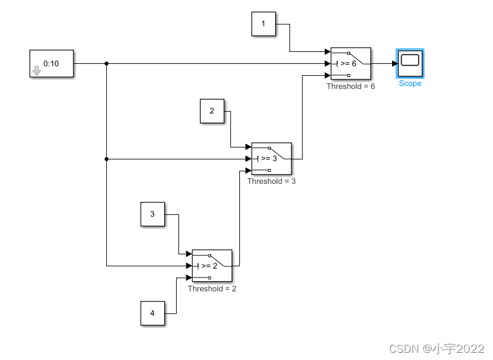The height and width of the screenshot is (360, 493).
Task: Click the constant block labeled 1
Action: [x=264, y=24]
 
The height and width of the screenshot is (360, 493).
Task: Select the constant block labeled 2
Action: [x=212, y=111]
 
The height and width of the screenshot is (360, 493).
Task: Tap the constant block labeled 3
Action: [x=152, y=214]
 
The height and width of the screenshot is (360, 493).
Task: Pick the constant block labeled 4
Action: [x=152, y=313]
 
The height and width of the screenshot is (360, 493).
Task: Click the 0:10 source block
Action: [x=51, y=63]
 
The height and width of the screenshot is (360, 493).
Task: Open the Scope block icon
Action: [x=410, y=63]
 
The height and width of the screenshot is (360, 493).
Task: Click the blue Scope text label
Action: [x=410, y=84]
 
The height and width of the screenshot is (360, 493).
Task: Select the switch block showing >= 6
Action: [x=351, y=63]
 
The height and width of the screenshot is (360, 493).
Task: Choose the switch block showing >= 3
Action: [x=272, y=159]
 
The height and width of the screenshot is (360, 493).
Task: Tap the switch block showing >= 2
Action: [x=212, y=266]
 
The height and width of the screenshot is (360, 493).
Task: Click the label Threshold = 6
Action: [x=351, y=87]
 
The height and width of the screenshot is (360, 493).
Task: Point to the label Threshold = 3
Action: [x=272, y=181]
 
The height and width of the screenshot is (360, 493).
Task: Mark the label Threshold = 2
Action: [x=212, y=288]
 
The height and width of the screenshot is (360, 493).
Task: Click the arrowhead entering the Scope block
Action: [x=395, y=63]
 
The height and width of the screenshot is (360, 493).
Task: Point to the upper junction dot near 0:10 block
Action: [x=106, y=63]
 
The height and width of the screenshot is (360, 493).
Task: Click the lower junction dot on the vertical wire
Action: [x=106, y=159]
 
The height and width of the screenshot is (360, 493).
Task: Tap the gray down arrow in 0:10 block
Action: [x=36, y=71]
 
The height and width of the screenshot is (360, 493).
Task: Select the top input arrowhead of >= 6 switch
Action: [x=328, y=52]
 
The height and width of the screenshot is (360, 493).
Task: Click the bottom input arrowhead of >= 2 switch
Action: [x=189, y=278]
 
